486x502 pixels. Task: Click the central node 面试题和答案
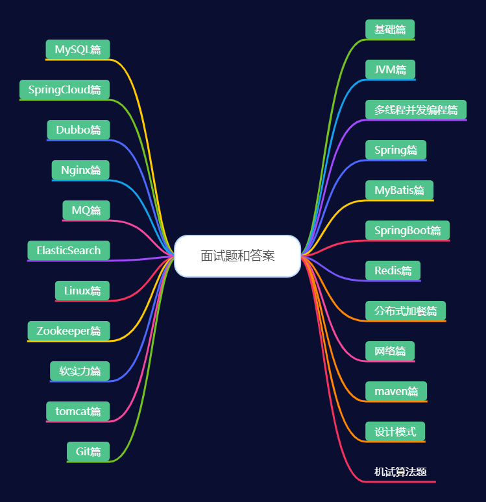[237, 256]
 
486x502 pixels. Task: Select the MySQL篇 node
[78, 49]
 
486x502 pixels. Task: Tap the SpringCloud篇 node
[64, 90]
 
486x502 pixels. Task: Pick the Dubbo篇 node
[79, 130]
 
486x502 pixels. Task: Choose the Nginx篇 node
[81, 170]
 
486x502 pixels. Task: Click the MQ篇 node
[86, 210]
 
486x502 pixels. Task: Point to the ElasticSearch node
[69, 250]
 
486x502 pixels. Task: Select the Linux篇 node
[82, 291]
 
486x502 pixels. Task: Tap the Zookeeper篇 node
[69, 331]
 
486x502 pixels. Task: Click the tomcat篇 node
[78, 411]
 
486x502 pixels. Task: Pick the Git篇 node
[88, 451]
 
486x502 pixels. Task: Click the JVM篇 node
[390, 69]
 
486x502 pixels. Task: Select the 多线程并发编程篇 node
[416, 110]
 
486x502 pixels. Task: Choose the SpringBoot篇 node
[407, 230]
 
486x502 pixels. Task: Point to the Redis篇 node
[393, 270]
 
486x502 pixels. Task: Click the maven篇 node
[396, 391]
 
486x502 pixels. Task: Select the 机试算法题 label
[400, 472]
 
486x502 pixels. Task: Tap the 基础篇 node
[390, 29]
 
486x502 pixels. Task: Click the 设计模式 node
[395, 431]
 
